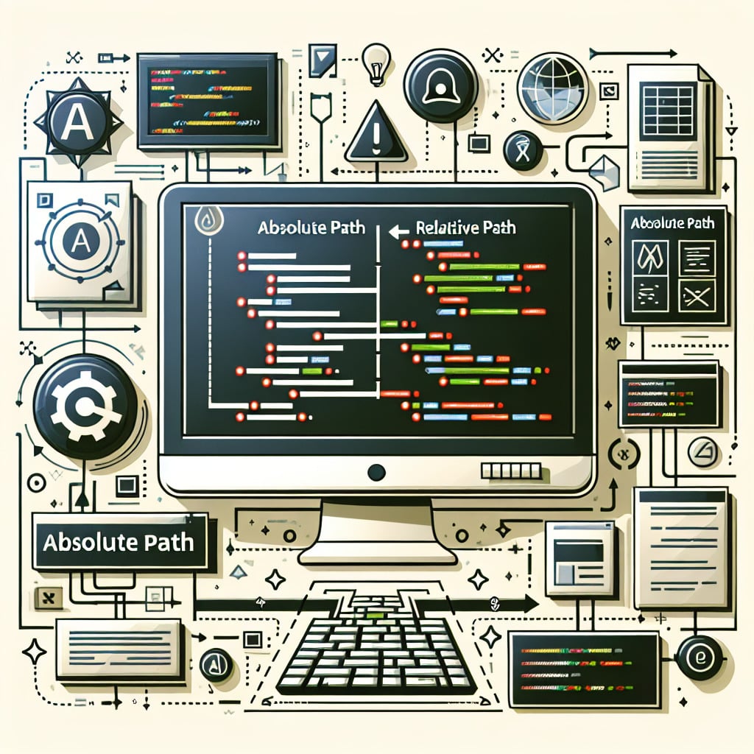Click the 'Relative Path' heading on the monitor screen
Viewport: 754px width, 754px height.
click(465, 228)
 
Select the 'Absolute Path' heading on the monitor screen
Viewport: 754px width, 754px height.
click(311, 228)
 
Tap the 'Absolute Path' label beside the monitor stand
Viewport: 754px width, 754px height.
click(119, 543)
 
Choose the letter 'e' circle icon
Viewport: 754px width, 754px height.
click(699, 657)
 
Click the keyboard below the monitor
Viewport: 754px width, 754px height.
click(376, 648)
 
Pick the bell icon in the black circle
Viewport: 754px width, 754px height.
click(440, 87)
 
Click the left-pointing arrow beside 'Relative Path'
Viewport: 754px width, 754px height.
click(398, 230)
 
